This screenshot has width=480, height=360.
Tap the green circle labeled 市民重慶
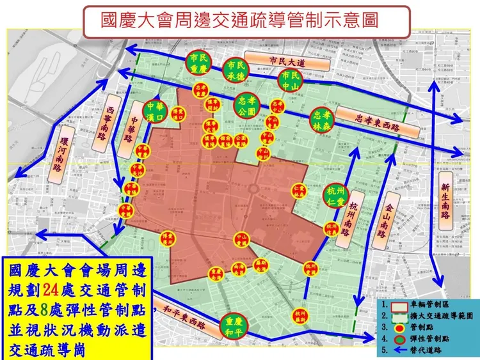[198, 63]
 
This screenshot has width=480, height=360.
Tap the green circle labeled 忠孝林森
[322, 120]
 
